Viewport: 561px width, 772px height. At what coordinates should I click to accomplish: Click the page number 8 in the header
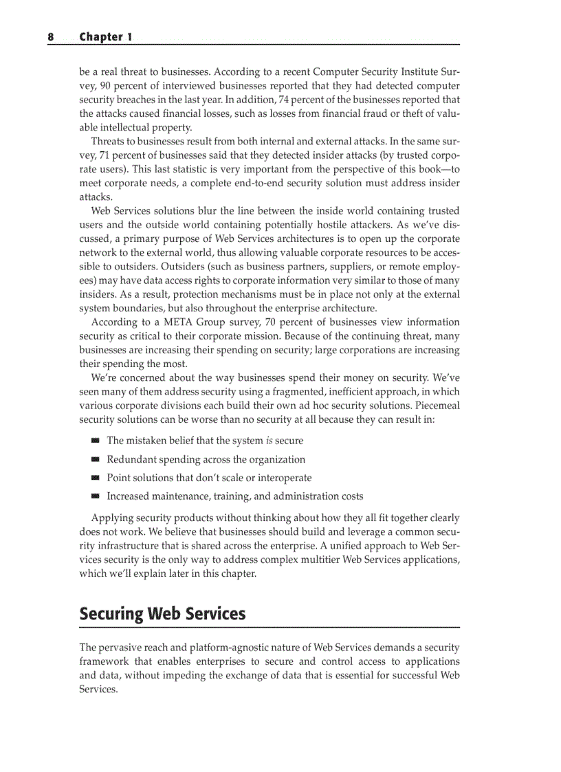tap(50, 36)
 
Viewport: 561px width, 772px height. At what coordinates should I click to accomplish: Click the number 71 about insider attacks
tap(107, 155)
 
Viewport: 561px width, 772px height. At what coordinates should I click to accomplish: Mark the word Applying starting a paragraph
tap(113, 518)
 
